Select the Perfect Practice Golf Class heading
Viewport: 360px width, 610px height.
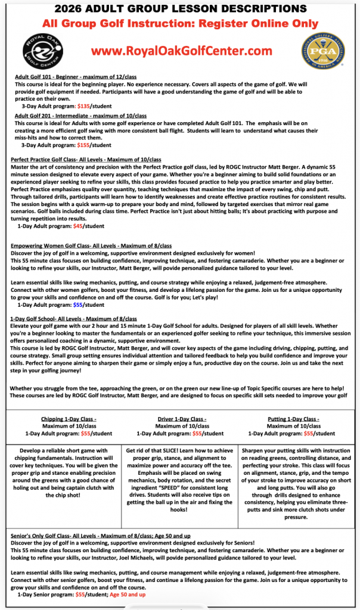86,160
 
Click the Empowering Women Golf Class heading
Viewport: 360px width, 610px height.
91,245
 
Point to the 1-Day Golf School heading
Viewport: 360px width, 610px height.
73,319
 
